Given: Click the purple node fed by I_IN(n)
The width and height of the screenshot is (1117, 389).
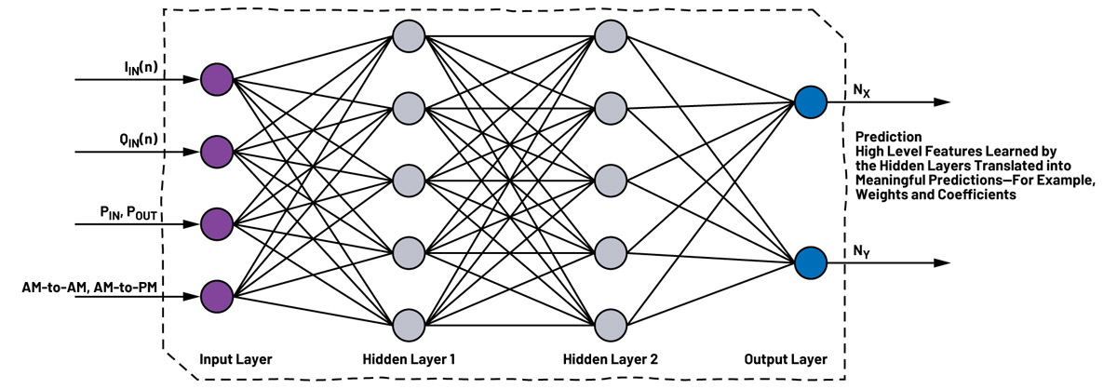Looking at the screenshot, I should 216,79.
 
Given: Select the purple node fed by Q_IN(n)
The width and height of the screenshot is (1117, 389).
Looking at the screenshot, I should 216,150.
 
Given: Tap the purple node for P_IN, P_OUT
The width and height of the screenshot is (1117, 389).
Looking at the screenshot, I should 216,223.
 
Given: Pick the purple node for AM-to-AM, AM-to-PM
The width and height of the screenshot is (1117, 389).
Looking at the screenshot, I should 216,296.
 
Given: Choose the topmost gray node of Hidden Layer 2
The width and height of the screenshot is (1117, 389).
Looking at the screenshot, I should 610,36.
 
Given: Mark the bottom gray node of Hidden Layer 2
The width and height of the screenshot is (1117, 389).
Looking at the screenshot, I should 610,325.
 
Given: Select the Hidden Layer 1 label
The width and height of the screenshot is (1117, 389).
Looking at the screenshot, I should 409,358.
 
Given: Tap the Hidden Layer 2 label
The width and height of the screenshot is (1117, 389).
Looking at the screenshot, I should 611,358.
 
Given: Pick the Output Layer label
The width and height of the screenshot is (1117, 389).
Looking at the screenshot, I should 786,358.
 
